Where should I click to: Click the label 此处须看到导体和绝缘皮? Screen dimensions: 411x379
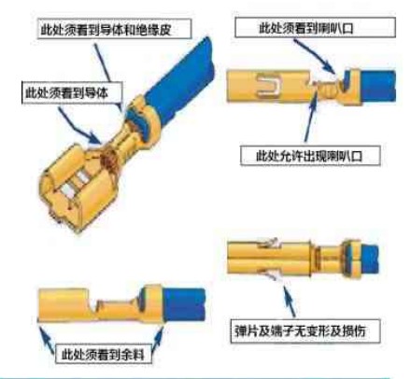coord(106,30)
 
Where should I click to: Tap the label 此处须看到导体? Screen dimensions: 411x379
coord(66,92)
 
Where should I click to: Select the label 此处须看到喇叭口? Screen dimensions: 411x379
coord(306,28)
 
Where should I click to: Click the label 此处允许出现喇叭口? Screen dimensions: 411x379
coord(309,156)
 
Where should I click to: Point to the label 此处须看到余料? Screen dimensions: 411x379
coord(103,354)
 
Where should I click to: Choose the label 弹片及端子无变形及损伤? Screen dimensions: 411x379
coord(300,330)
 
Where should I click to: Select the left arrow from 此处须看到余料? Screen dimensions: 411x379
coord(47,338)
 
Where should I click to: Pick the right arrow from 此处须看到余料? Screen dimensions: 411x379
coord(158,338)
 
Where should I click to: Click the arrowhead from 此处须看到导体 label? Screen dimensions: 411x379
coord(95,138)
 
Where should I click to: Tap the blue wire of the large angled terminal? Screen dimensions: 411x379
coord(177,81)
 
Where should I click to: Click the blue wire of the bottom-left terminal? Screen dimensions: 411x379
coord(184,304)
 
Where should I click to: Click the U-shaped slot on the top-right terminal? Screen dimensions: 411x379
coord(268,84)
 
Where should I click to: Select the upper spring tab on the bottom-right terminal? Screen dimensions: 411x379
coord(268,243)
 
